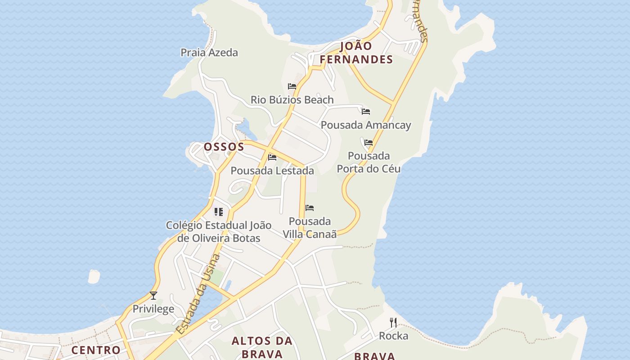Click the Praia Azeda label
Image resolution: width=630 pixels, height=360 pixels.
click(x=209, y=53)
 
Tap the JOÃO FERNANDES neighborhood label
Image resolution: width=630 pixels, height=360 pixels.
click(x=356, y=53)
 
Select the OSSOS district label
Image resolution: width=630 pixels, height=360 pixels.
click(x=224, y=147)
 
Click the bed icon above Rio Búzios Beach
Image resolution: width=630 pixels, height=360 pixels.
click(x=292, y=86)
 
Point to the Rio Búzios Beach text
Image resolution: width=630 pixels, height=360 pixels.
click(x=292, y=100)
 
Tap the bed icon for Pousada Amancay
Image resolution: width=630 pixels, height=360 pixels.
click(x=366, y=112)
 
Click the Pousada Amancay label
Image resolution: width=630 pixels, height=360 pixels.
click(x=366, y=125)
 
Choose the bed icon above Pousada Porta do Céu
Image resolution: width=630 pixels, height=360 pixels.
click(x=369, y=143)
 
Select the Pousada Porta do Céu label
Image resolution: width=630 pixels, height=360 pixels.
click(x=369, y=162)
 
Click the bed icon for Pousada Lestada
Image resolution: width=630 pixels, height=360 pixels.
click(x=272, y=157)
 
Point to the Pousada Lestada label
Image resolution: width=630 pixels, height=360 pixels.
click(x=272, y=171)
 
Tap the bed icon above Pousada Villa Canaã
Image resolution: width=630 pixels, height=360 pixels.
click(x=310, y=208)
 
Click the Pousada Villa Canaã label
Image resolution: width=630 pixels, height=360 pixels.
click(x=310, y=228)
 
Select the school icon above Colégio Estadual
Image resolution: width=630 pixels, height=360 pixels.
click(x=219, y=211)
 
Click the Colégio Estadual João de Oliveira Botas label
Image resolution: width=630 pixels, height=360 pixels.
click(x=219, y=232)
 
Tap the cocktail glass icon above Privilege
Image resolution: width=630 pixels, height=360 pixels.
click(x=153, y=296)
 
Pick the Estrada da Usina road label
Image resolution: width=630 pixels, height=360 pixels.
click(x=198, y=294)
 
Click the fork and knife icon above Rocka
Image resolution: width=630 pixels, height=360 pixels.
click(x=393, y=323)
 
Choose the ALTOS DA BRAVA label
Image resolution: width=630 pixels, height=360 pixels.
click(x=262, y=347)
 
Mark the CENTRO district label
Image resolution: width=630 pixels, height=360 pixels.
click(x=96, y=350)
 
